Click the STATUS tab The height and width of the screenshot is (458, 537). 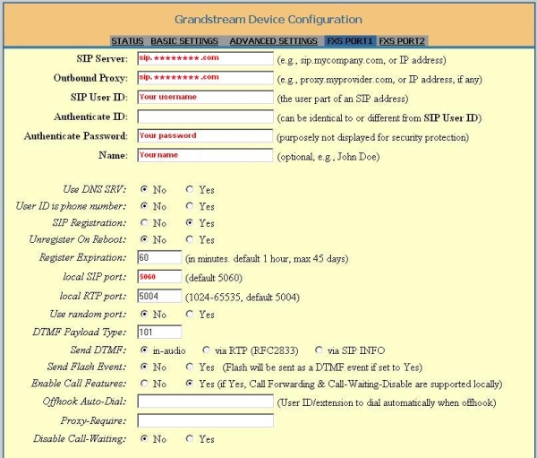pos(127,41)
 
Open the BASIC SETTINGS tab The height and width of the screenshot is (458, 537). pos(183,41)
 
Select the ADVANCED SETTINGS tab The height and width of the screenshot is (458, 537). pos(273,41)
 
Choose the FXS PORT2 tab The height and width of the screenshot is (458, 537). pos(402,41)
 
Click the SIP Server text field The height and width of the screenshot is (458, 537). pos(205,59)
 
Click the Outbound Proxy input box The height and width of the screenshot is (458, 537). pos(205,78)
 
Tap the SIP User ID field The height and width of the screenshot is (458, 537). pos(205,98)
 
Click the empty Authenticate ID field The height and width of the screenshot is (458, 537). pos(205,117)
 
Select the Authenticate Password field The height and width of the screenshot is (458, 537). pos(205,136)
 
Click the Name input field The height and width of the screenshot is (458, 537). pos(205,155)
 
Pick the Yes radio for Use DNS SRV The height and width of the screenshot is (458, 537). pos(190,190)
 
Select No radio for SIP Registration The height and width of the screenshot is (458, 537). pos(145,223)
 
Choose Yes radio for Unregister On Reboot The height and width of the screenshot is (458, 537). pos(190,240)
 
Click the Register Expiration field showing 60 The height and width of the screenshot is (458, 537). pos(159,257)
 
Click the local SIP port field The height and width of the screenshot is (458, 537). pos(159,277)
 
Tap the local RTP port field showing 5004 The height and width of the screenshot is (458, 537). pos(159,296)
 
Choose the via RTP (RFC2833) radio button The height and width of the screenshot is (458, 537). pos(208,350)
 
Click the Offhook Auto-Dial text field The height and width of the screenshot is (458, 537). pos(205,402)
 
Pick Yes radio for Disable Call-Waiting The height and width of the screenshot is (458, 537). pos(190,439)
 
